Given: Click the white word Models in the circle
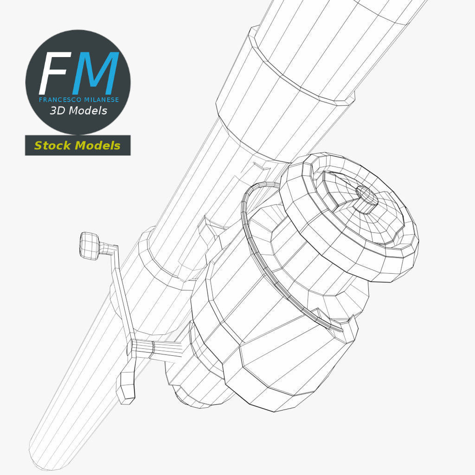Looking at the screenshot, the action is (x=88, y=111).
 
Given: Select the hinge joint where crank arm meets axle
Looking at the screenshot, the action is (x=141, y=348).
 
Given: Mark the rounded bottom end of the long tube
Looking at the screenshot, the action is (x=45, y=451).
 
